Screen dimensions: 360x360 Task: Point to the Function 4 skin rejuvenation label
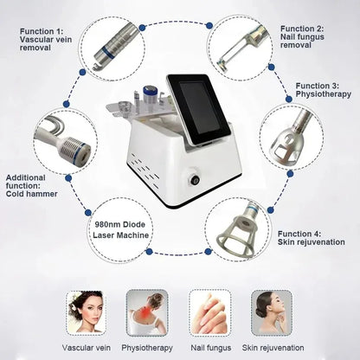[311, 239]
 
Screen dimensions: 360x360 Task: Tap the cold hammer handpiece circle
[65, 138]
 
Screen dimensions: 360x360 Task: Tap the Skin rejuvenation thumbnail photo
[272, 310]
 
